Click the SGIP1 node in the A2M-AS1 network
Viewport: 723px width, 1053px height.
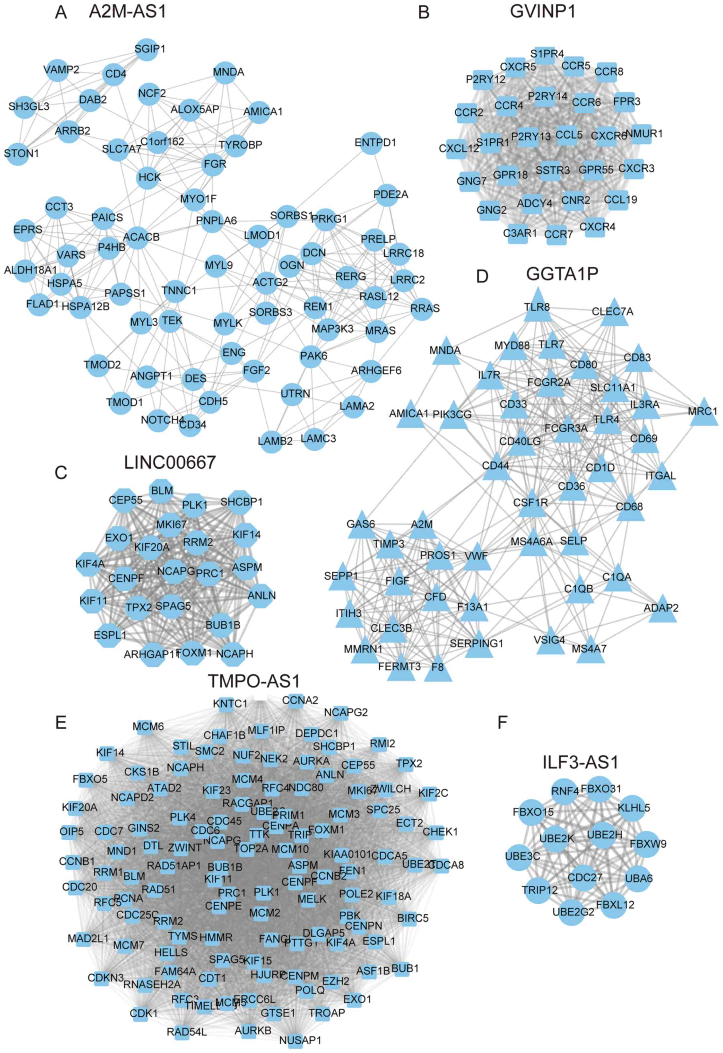point(146,49)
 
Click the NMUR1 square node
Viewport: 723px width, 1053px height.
point(641,134)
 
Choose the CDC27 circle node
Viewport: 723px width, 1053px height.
point(585,878)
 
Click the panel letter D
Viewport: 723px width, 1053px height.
point(482,276)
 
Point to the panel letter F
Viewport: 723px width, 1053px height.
point(502,723)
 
